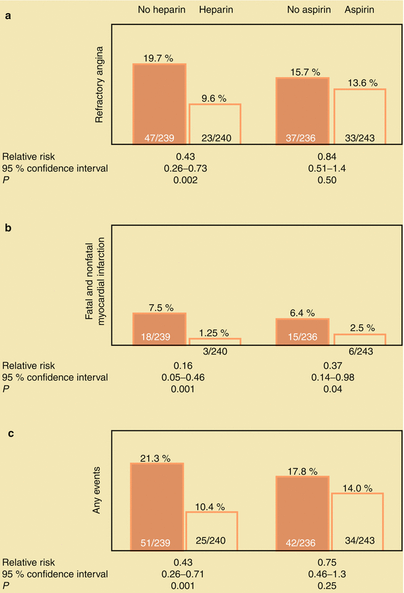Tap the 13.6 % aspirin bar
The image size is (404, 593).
359,116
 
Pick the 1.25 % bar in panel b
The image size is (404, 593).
215,341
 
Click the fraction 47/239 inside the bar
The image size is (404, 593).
159,138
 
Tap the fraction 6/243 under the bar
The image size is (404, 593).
359,353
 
